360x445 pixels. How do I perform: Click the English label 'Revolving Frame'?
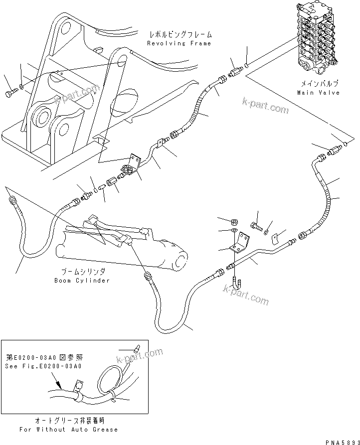coord(179,44)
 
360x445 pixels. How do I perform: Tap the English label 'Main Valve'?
coord(318,93)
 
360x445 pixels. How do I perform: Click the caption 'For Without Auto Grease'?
coord(68,429)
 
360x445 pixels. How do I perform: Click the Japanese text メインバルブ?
coord(318,85)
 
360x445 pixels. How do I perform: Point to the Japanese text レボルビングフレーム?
coord(180,35)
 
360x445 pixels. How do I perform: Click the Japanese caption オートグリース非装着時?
coord(68,421)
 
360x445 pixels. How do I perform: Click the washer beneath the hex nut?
coord(235,231)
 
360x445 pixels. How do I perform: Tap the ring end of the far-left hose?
coord(10,200)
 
